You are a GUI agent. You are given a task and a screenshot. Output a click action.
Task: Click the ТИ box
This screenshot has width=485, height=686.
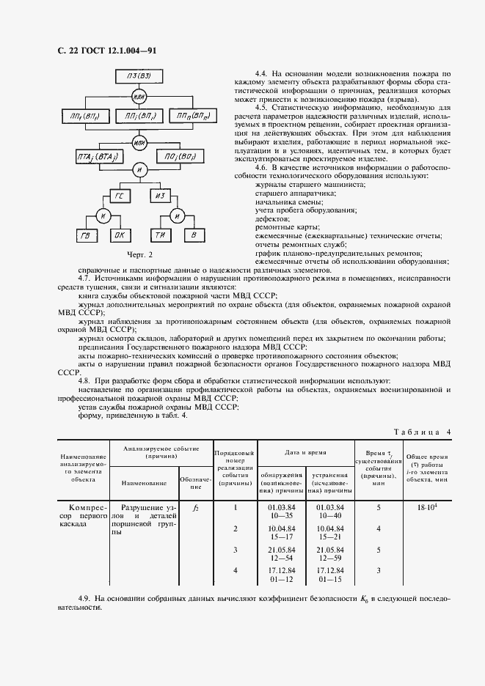pyautogui.click(x=160, y=235)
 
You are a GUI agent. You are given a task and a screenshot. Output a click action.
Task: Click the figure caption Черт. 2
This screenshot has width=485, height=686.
pyautogui.click(x=139, y=255)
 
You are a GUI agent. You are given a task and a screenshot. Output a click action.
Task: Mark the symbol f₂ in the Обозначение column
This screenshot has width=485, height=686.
pyautogui.click(x=194, y=507)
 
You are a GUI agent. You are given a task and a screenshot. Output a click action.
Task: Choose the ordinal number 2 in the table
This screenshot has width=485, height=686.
pyautogui.click(x=235, y=528)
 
